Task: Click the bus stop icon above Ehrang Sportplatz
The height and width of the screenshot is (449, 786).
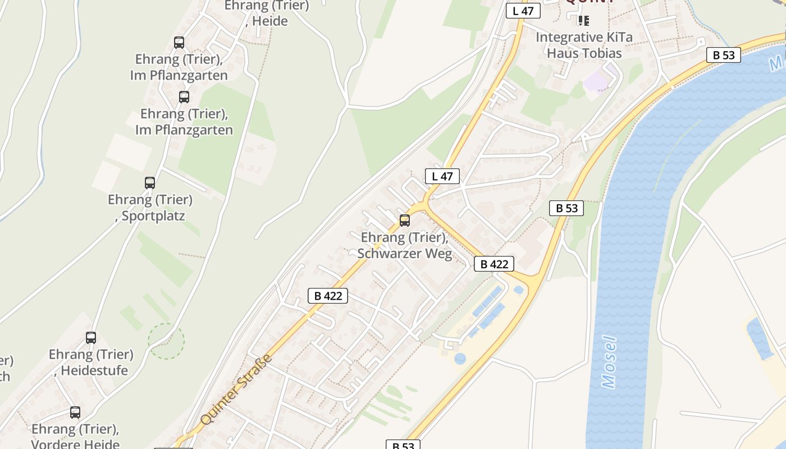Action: coord(149,182)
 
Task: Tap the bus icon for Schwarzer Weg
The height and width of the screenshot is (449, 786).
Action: coord(404,221)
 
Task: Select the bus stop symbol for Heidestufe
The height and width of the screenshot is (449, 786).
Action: coord(91,338)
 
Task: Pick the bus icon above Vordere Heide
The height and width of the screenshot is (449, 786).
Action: coord(75,413)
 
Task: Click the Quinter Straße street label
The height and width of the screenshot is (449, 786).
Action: coord(236,390)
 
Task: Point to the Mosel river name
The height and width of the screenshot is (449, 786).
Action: coord(609,362)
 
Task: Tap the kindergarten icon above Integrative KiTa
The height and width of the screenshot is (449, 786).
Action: coord(584,21)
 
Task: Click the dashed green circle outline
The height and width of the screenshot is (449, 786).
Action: coord(166,341)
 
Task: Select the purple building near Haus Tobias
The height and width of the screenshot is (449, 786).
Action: coord(597,81)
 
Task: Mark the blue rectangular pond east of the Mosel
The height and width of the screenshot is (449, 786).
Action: coord(760,338)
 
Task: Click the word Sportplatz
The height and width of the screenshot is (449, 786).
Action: coord(153,216)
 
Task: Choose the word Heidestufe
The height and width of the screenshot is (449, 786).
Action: coord(94,371)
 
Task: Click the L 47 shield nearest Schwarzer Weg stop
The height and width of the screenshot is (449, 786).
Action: coord(442,176)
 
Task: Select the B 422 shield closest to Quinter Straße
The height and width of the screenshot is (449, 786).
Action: coord(328,296)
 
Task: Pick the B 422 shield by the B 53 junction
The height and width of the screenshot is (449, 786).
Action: coord(494,264)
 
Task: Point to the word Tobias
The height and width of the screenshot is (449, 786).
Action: coord(602,53)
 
